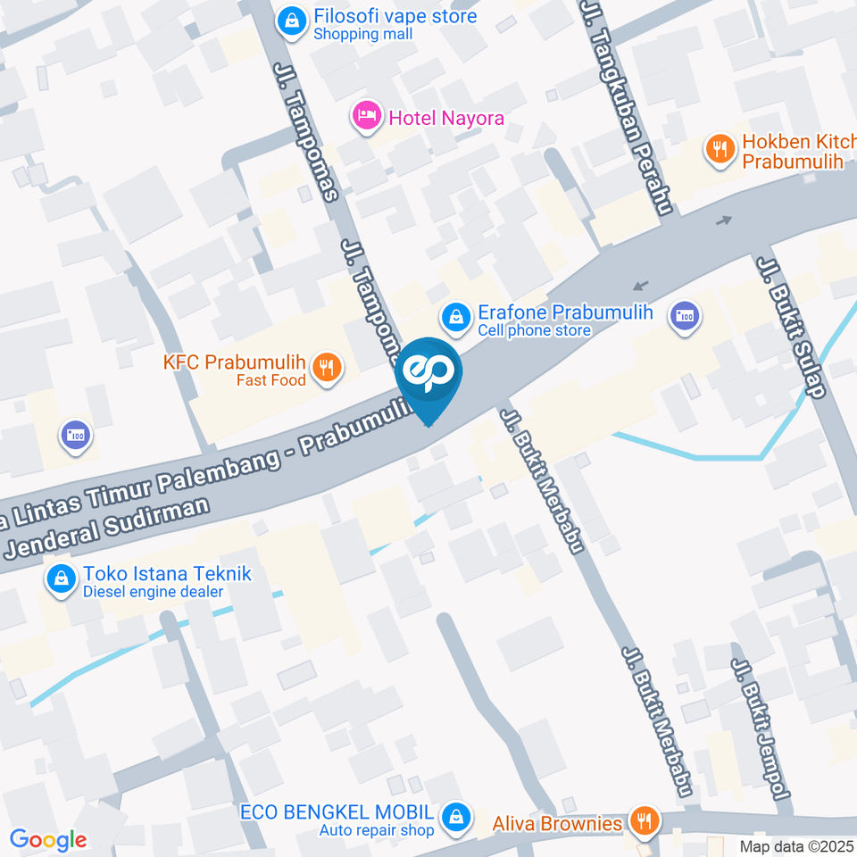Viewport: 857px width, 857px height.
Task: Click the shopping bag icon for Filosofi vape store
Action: tap(291, 22)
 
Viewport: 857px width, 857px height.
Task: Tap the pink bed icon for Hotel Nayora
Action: tap(364, 117)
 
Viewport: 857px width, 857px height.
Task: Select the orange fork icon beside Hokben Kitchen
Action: tap(720, 150)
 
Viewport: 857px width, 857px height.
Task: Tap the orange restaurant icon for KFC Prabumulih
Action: tap(329, 369)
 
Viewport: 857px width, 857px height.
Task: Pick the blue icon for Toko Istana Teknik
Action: tap(61, 580)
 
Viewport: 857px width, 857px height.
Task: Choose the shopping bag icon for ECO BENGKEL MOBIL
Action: tap(456, 815)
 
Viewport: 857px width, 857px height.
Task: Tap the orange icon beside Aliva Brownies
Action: tap(644, 820)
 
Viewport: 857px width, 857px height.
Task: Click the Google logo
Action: tap(48, 839)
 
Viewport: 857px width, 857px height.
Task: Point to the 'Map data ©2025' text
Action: tap(797, 845)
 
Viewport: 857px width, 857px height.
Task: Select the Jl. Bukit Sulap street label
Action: tap(794, 326)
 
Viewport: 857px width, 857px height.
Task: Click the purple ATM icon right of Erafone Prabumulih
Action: tap(685, 316)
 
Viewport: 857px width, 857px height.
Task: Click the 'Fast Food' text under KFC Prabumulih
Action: tap(270, 380)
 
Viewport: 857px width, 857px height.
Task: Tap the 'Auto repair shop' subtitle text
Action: tap(377, 831)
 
